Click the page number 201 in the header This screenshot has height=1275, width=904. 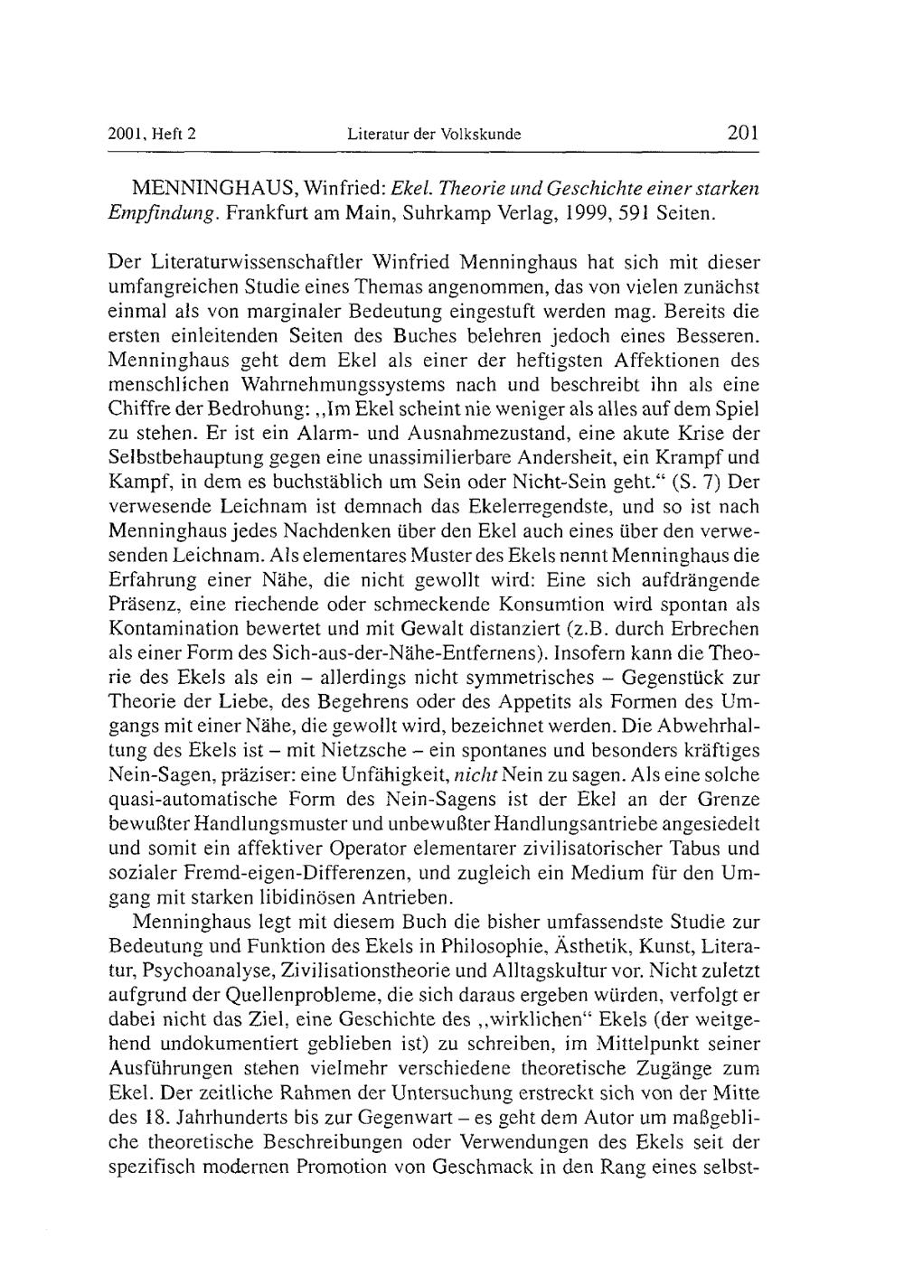(741, 135)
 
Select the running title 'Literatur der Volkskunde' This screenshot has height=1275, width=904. (434, 136)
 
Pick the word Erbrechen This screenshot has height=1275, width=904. (714, 628)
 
